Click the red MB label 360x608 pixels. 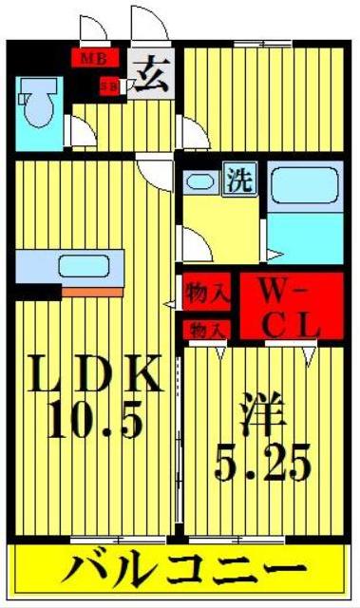point(93,58)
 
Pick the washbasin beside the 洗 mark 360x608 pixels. point(200,182)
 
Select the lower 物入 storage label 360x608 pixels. point(206,330)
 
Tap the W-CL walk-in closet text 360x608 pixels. point(281,306)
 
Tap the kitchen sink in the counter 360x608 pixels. point(86,265)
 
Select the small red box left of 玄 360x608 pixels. point(110,85)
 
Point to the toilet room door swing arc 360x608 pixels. point(82,131)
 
